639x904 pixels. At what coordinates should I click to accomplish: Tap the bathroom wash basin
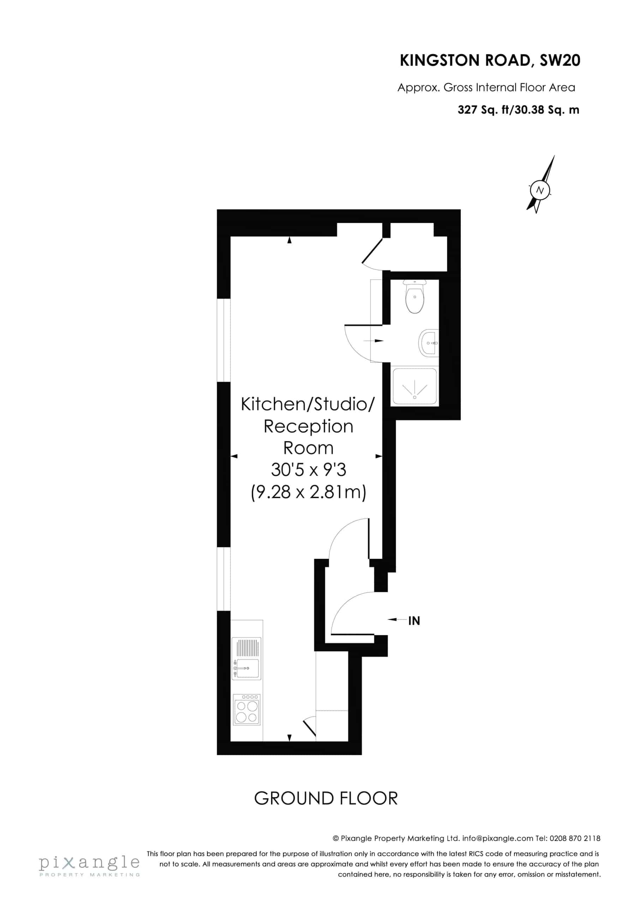428,343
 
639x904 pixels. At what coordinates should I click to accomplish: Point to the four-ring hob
247,709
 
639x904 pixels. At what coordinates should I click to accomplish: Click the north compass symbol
540,184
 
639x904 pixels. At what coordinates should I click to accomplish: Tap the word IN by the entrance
414,621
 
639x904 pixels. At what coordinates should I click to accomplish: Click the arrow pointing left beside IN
397,620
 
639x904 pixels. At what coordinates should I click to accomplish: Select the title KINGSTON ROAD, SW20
490,61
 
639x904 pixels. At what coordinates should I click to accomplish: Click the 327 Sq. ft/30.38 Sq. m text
518,110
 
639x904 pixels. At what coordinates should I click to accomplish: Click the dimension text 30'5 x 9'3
309,469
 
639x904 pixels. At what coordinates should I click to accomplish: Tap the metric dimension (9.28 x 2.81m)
309,492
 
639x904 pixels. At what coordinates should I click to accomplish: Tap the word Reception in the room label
308,427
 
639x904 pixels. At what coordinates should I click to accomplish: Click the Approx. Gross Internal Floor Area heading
486,88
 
